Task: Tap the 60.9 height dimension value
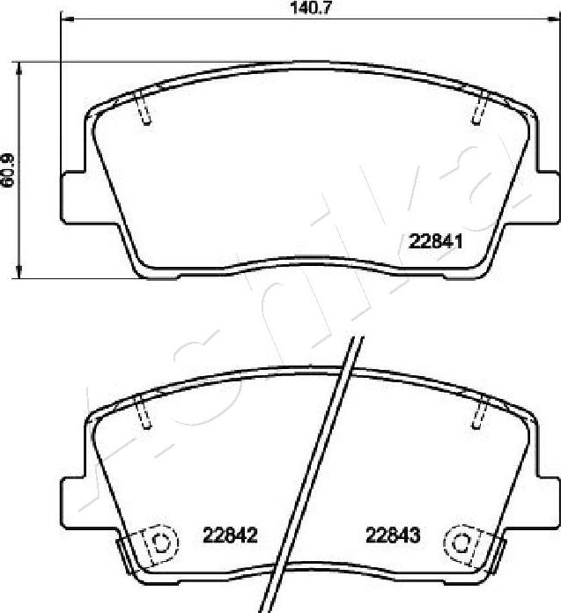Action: tap(9, 169)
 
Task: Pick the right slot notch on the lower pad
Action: tap(481, 412)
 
